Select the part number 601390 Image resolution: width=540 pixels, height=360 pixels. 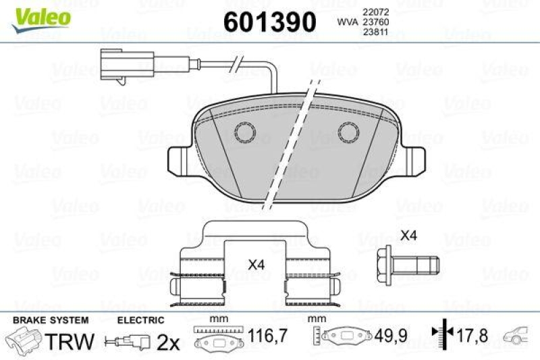(x=269, y=22)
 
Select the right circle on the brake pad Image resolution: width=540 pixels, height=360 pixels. (x=349, y=132)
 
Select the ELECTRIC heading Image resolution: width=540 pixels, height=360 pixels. (x=140, y=319)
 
